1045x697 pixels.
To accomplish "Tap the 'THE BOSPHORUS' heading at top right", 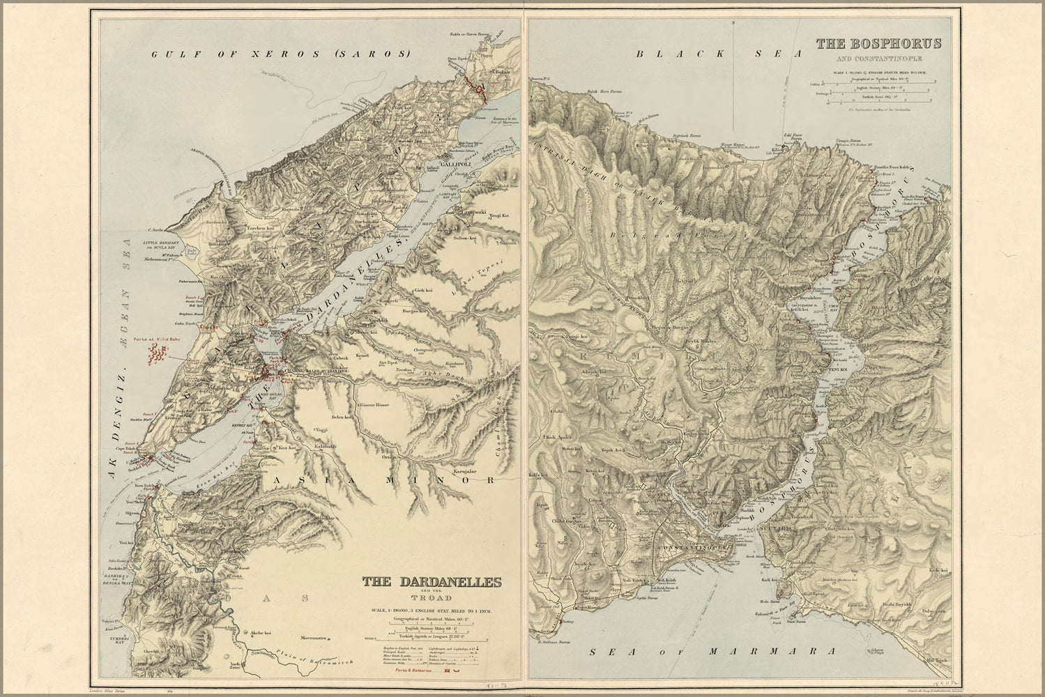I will [878, 43].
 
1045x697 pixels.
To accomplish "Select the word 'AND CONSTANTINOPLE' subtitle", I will [878, 58].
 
